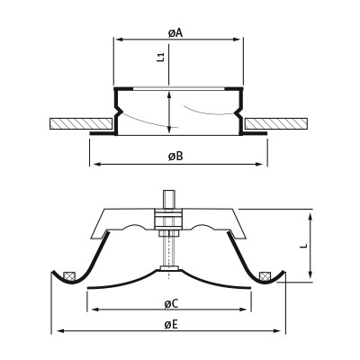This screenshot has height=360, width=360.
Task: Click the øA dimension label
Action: pyautogui.click(x=175, y=33)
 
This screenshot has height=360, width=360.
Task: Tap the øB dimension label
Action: pyautogui.click(x=175, y=157)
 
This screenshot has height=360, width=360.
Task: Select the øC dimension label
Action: pyautogui.click(x=171, y=304)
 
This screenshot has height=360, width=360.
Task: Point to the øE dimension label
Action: pyautogui.click(x=171, y=325)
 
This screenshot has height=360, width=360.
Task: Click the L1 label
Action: pyautogui.click(x=161, y=57)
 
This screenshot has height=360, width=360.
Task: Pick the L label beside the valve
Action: pyautogui.click(x=304, y=246)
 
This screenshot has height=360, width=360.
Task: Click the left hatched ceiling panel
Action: pyautogui.click(x=81, y=124)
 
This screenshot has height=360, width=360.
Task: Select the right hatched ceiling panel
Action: pyautogui.click(x=276, y=124)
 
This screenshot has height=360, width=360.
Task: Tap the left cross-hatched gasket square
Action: pyautogui.click(x=69, y=276)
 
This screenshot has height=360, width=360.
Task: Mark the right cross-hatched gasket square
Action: pyautogui.click(x=265, y=276)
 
